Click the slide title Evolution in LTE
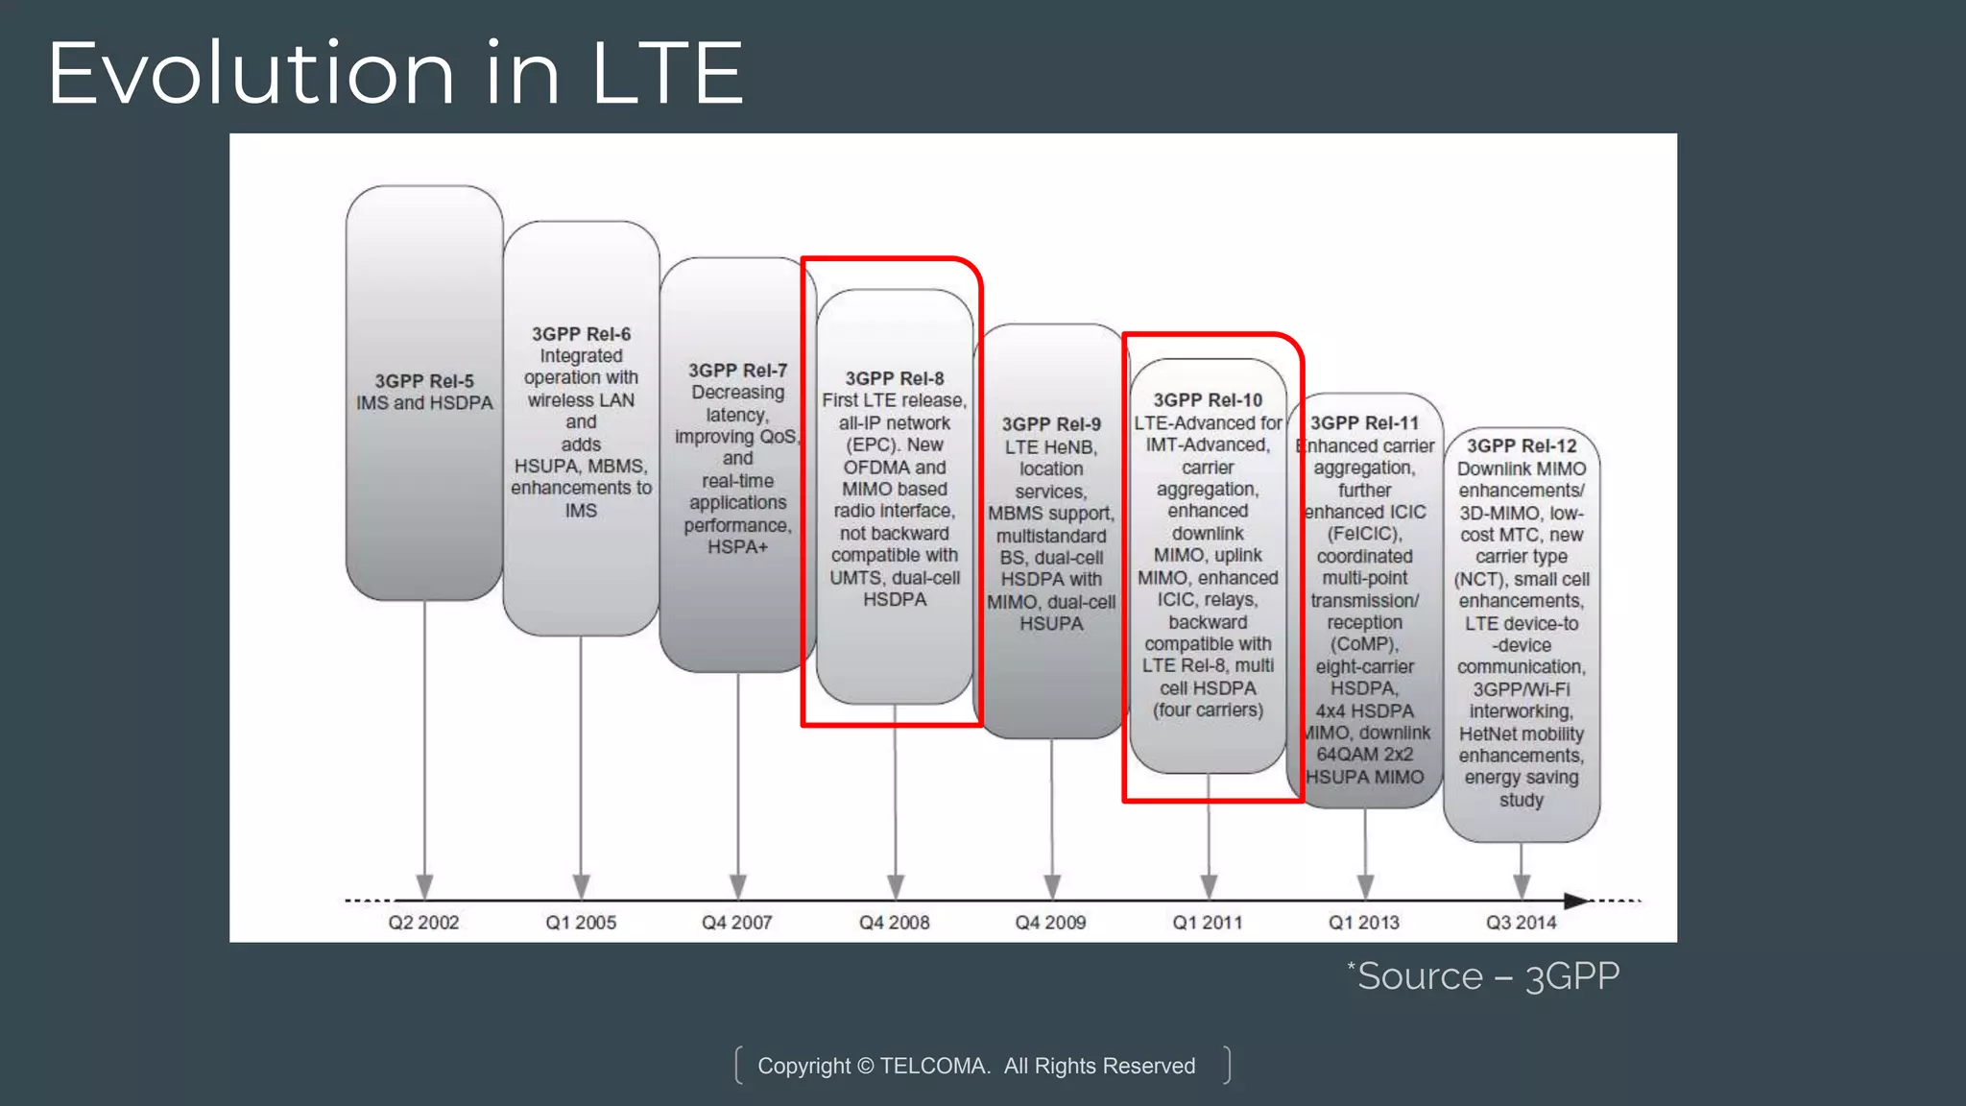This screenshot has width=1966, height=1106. click(395, 74)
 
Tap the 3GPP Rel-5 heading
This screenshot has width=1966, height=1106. click(424, 381)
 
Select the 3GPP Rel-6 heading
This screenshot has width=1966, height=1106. click(582, 334)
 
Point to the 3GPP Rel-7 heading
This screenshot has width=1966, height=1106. click(737, 371)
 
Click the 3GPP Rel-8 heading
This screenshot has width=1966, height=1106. click(895, 379)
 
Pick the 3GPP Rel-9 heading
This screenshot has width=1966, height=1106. click(1051, 424)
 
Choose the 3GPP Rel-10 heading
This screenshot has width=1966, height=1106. click(1208, 400)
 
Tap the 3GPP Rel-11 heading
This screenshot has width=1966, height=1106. click(1364, 423)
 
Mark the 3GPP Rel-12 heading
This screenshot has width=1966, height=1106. click(1522, 446)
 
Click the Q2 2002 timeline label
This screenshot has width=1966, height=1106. click(423, 923)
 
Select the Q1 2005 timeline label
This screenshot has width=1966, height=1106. click(581, 923)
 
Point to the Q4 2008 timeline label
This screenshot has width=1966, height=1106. click(894, 923)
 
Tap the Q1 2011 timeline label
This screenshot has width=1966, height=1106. click(1208, 923)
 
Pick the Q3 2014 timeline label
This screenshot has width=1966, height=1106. click(1522, 923)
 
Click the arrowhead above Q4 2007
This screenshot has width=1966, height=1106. click(737, 885)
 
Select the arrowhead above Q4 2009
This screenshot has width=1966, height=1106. click(1051, 885)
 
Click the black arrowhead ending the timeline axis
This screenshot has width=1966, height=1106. click(1576, 901)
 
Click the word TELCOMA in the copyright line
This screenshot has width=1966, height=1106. click(933, 1067)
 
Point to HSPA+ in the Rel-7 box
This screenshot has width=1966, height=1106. click(737, 547)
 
